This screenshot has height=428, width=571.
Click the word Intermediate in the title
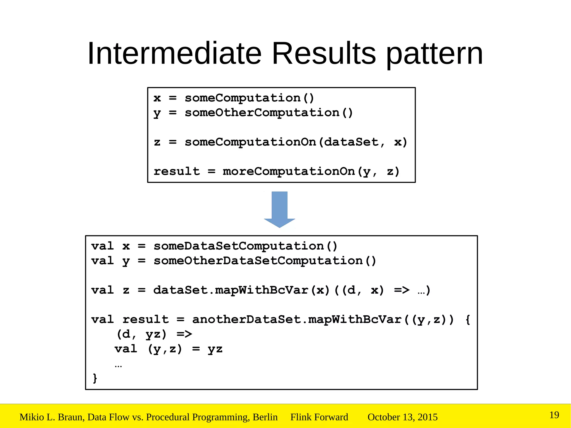pos(175,53)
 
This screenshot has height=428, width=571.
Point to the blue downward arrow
pos(279,209)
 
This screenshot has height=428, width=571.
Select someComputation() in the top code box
pos(249,98)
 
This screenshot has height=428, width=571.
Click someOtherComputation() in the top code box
pos(269,113)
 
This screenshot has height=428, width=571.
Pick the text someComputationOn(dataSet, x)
pos(296,142)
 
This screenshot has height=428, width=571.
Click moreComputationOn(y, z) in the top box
pos(311,171)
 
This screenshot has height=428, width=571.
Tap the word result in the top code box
pos(177,171)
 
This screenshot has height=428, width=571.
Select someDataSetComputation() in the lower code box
pos(245,246)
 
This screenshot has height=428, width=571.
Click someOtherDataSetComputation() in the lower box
pos(265,261)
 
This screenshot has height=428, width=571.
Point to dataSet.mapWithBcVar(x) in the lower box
pos(241,290)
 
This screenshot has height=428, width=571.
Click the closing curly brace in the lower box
pos(95,378)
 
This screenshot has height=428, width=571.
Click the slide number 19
pos(554,415)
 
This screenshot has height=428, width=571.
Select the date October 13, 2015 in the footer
pos(402,417)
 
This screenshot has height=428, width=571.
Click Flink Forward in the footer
pos(319,417)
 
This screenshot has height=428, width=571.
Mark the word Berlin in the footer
pos(265,417)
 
